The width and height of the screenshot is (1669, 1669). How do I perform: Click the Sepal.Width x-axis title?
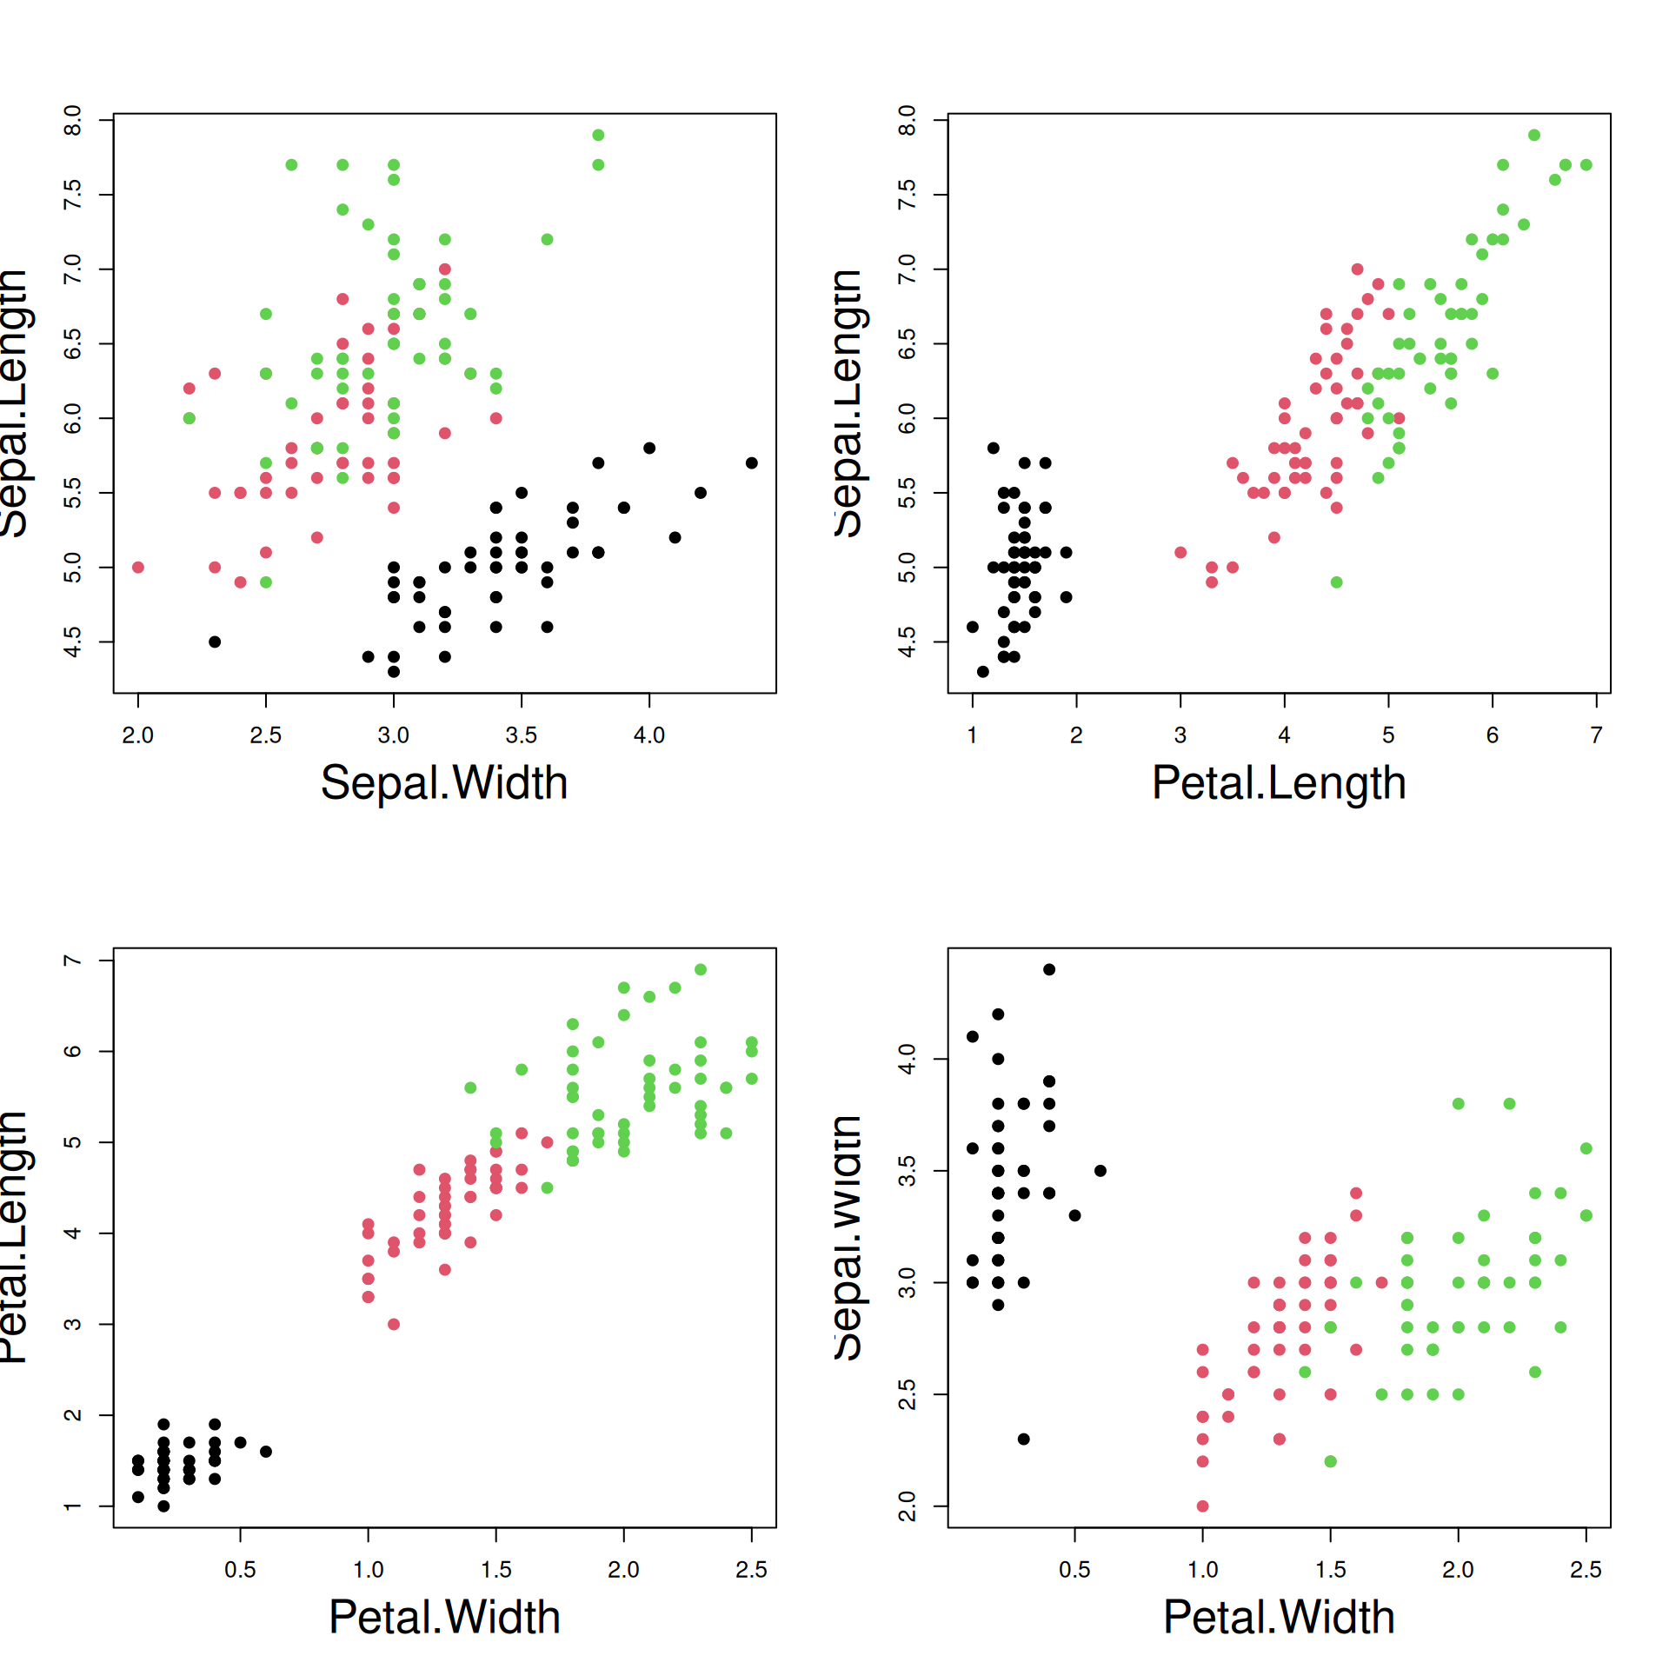(444, 782)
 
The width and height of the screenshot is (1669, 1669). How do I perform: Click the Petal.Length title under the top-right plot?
(1279, 782)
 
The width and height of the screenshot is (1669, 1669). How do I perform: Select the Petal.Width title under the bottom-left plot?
(444, 1617)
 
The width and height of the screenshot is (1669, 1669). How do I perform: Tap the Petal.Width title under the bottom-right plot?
(1279, 1617)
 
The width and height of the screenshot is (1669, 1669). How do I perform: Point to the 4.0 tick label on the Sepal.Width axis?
(648, 735)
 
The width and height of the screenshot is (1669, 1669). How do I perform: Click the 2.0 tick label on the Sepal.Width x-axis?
(137, 735)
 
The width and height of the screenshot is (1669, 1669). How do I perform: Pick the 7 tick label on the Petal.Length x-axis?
(1596, 735)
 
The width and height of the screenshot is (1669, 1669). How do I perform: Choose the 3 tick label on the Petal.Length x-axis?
(1180, 735)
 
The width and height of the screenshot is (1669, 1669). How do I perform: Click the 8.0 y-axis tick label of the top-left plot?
(73, 120)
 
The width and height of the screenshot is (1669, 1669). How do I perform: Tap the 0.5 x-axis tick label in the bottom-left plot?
(240, 1570)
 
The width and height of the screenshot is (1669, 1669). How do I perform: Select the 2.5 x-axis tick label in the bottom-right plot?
(1586, 1570)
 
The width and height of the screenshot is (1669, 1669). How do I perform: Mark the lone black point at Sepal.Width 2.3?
(215, 642)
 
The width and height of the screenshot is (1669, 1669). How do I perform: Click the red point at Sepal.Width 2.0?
(138, 568)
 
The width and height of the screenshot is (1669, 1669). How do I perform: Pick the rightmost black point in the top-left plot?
(751, 463)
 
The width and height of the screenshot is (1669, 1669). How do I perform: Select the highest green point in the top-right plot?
(1534, 135)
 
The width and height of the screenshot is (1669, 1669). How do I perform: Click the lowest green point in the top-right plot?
(1336, 582)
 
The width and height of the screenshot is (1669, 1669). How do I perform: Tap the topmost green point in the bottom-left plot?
(701, 969)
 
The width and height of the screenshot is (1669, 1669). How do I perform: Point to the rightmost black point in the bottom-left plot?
(266, 1452)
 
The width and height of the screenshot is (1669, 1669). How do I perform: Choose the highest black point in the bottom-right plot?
(1049, 969)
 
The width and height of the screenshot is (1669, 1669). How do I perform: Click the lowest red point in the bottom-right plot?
(1202, 1506)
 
